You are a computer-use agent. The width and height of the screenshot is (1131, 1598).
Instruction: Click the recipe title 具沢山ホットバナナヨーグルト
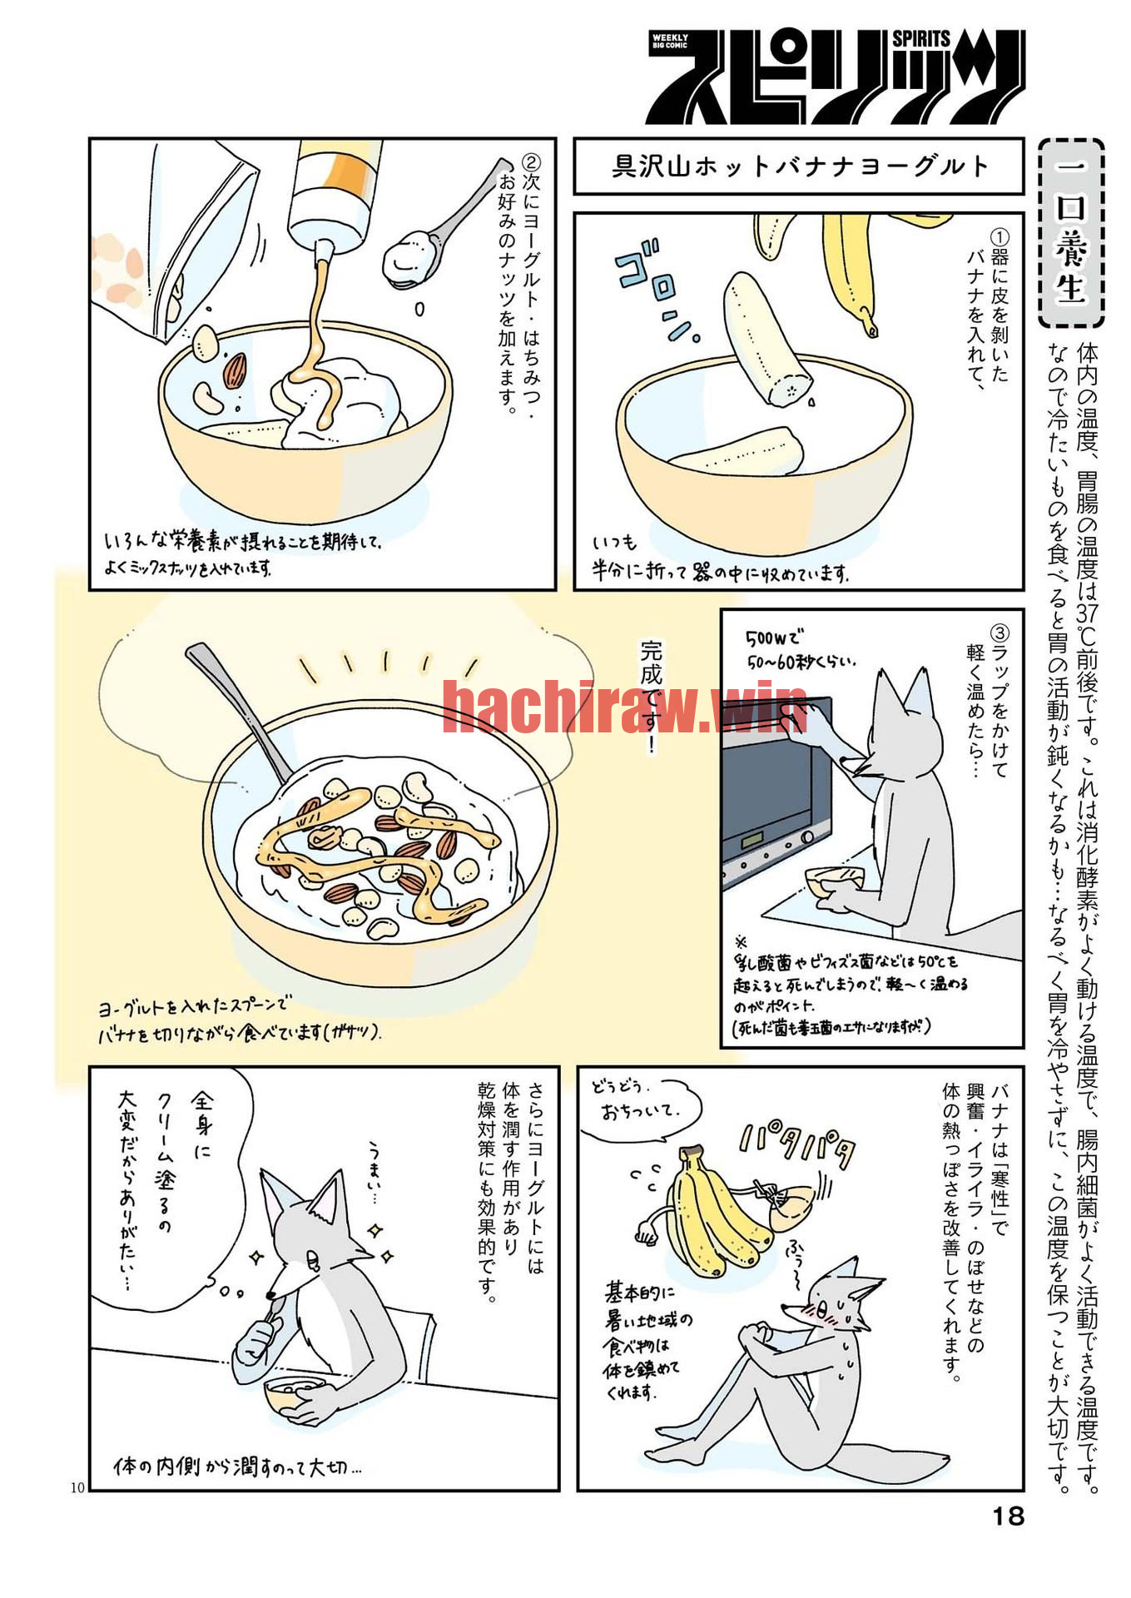point(800,166)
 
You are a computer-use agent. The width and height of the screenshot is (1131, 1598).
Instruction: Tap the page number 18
point(1008,1516)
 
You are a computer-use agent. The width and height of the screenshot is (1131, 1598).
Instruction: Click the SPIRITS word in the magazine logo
point(921,38)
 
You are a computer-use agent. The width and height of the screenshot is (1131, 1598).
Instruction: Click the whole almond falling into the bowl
point(236,370)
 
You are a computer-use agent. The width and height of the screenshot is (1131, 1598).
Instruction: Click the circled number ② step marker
point(530,161)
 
